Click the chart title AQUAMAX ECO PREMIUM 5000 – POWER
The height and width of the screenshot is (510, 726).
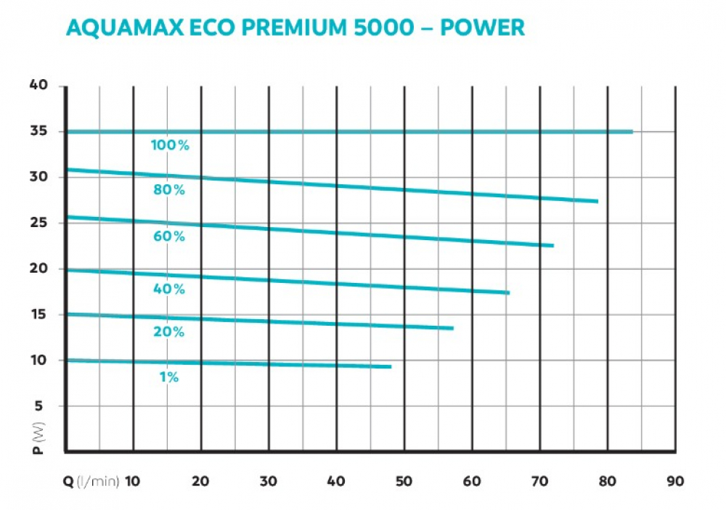(x=295, y=28)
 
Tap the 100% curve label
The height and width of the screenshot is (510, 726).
(x=170, y=145)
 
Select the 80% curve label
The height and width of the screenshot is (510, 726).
(x=170, y=190)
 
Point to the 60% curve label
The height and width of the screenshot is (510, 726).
(x=170, y=236)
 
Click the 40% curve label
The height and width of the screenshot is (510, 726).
(x=170, y=289)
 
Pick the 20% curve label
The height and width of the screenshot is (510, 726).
(x=169, y=332)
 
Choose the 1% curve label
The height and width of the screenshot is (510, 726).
(x=169, y=377)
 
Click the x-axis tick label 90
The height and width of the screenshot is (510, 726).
(x=674, y=480)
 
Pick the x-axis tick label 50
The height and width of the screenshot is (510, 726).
(x=404, y=480)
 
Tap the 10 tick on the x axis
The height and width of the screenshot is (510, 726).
(x=133, y=480)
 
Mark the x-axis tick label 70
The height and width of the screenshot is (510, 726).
(x=539, y=480)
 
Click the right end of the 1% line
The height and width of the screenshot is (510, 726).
(x=391, y=366)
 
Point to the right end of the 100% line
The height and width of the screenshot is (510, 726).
(x=632, y=131)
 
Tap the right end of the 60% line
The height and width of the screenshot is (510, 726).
(x=552, y=246)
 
